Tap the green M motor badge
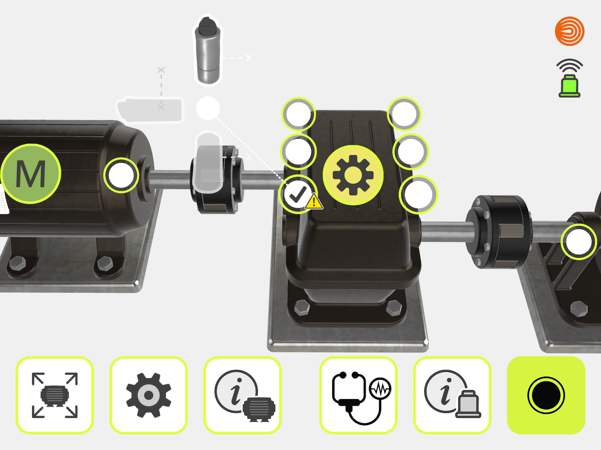click(31, 174)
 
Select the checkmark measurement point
click(298, 194)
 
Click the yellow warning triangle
click(314, 201)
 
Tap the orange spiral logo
click(570, 31)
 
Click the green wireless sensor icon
click(570, 78)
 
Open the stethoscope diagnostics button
click(358, 395)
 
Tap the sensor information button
click(452, 395)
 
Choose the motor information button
click(242, 395)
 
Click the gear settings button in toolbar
click(149, 395)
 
